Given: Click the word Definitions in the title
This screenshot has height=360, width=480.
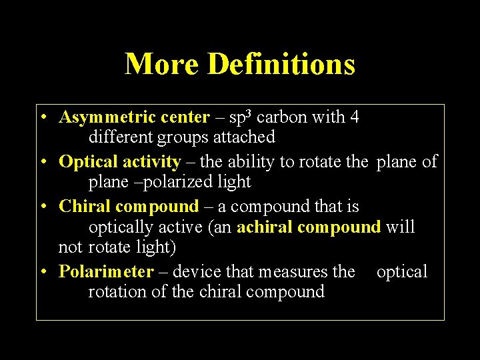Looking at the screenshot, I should [x=281, y=65].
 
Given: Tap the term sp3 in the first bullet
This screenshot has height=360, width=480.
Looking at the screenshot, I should [x=239, y=117].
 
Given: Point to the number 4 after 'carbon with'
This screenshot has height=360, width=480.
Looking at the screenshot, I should [x=355, y=117].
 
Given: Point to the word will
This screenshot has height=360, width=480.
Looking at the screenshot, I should [x=401, y=227].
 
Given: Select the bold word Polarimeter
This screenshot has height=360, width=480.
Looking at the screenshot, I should [x=106, y=271].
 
